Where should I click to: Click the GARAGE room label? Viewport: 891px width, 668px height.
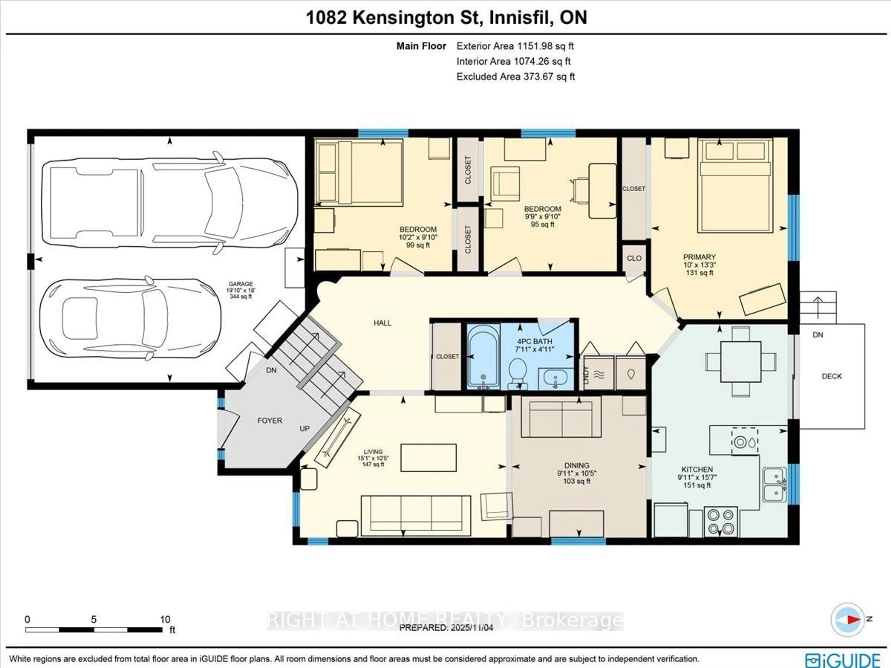pos(240,284)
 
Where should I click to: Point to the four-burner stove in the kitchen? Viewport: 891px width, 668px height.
pos(721,521)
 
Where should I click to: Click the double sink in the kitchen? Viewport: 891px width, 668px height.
pos(774,485)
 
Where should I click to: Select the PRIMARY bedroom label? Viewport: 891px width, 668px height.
pos(699,257)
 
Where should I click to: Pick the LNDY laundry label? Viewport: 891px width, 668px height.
pos(586,374)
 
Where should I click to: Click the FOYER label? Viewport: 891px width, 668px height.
pos(269,420)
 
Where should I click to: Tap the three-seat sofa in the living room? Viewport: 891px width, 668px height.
pos(416,516)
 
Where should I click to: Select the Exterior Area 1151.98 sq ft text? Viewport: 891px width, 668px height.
pos(515,46)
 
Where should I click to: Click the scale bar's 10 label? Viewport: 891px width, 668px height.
pos(165,619)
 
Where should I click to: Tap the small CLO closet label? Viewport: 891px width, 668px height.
pos(634,258)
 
